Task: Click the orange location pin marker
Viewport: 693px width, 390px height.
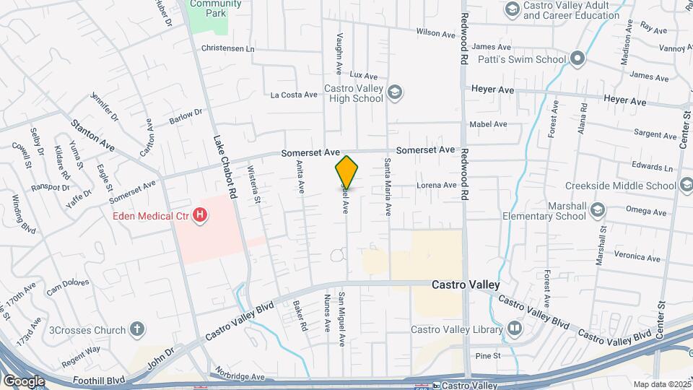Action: (346, 173)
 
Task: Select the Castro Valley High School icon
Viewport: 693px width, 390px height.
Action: (394, 92)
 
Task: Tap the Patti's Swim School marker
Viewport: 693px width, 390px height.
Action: (577, 58)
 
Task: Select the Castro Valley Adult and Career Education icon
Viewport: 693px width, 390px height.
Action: (513, 9)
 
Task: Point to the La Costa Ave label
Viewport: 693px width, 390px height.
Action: (294, 95)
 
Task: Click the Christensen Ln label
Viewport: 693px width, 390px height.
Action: (230, 49)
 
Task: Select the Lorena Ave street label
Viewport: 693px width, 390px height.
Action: (437, 185)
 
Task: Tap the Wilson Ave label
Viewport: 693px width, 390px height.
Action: (434, 32)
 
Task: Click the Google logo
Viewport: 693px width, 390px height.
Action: (24, 381)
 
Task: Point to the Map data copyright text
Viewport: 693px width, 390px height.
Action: (661, 384)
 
